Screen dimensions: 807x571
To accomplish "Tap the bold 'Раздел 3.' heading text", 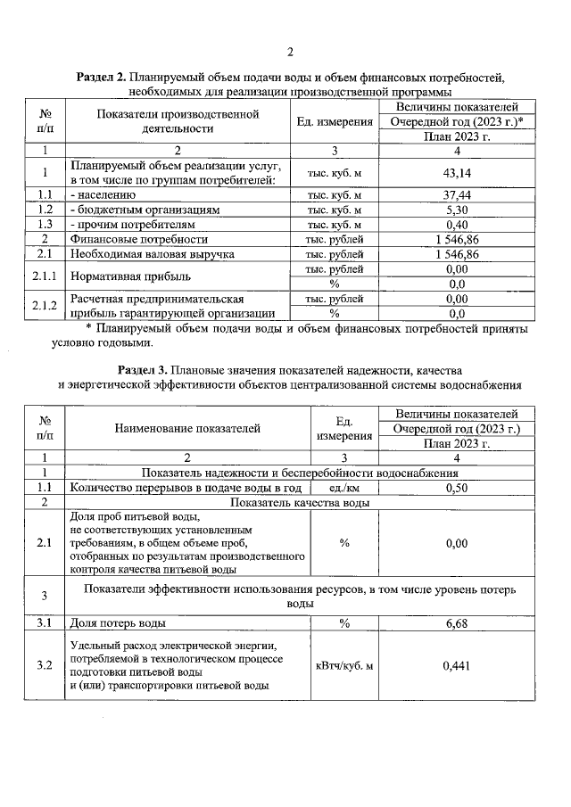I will (x=146, y=370).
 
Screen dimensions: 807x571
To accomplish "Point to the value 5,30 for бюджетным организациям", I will (x=457, y=210).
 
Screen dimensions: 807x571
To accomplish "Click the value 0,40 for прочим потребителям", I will (x=457, y=225).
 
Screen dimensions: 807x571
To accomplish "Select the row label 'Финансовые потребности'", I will (x=138, y=240).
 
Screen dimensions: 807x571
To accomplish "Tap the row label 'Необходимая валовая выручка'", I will (x=152, y=255).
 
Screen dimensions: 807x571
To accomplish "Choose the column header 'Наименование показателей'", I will (x=187, y=428).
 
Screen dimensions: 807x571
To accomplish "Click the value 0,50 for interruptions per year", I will (x=457, y=488).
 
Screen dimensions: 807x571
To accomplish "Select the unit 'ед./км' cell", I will (x=343, y=488).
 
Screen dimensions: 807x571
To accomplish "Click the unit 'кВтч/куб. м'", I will (x=343, y=665).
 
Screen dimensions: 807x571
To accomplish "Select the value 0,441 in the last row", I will (x=457, y=665).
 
